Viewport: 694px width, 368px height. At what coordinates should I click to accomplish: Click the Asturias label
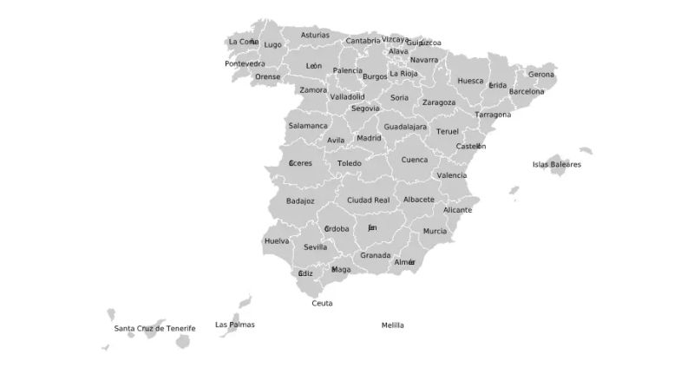coord(315,36)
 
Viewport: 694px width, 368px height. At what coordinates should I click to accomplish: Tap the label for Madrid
coord(369,138)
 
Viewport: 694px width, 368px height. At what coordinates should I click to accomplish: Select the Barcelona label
coord(527,91)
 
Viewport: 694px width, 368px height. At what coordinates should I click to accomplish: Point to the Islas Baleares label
coord(557,164)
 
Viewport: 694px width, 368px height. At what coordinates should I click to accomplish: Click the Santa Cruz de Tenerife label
coord(155,329)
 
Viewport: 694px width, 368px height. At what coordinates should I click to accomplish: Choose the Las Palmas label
coord(235,325)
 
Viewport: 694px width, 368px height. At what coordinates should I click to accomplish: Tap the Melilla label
coord(393,325)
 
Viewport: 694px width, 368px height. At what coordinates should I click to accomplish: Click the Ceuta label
coord(322,304)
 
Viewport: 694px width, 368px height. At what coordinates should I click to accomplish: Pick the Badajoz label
coord(300,200)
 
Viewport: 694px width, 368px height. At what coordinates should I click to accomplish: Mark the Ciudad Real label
coord(368,200)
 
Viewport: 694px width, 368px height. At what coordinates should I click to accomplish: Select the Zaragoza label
coord(439,102)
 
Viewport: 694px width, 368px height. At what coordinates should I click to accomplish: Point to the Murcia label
coord(435,232)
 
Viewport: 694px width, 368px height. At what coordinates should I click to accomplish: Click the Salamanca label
coord(308,126)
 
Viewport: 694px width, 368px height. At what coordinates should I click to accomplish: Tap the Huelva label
coord(277,240)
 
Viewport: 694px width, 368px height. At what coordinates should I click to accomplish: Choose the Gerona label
coord(541,75)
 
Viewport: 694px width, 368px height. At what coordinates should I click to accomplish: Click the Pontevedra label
coord(245,63)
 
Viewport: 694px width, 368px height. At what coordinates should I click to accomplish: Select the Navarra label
coord(424,60)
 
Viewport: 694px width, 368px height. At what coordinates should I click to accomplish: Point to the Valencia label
coord(452,175)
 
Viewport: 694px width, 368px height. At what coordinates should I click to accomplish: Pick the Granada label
coord(376,255)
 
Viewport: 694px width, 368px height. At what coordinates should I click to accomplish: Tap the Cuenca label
coord(415,160)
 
